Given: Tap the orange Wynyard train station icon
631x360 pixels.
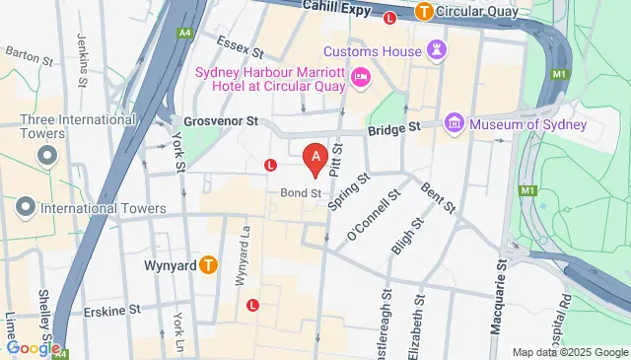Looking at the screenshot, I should click(208, 264).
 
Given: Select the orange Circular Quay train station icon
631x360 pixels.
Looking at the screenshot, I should click(425, 13).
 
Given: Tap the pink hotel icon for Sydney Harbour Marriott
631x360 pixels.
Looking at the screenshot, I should click(361, 76).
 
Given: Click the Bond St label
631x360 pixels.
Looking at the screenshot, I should click(301, 192).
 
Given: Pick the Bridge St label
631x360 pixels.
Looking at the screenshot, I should click(394, 127).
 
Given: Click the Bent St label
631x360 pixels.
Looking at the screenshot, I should click(437, 197).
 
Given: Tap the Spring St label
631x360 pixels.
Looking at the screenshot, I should click(349, 194).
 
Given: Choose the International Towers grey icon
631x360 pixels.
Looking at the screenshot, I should click(26, 206).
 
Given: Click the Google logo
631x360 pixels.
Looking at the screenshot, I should click(33, 347).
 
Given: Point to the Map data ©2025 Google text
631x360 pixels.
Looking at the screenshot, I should click(569, 352).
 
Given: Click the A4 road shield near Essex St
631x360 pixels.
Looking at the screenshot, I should click(184, 32).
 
